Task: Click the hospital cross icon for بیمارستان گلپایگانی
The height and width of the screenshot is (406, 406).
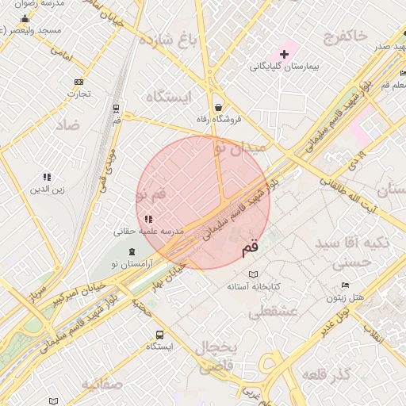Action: coord(285,53)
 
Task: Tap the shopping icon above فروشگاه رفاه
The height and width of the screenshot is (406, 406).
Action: coord(218,108)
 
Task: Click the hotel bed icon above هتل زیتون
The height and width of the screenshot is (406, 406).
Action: coord(344,285)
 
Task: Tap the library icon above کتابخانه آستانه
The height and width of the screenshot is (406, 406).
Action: coord(253,274)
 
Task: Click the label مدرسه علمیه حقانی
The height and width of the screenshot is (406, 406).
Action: coord(149,231)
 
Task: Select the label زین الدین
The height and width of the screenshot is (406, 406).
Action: coord(46,189)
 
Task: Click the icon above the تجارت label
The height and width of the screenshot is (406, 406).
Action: coord(78,82)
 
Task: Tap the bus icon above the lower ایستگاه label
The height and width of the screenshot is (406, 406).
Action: coord(159,335)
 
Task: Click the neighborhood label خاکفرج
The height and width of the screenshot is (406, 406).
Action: coord(346,36)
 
